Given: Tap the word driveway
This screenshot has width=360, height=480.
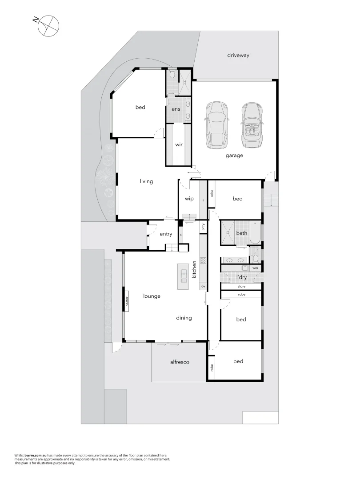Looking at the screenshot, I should click(x=238, y=56).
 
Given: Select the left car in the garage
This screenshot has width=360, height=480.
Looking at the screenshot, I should click(x=216, y=126).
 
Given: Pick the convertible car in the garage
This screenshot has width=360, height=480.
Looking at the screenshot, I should click(x=252, y=126).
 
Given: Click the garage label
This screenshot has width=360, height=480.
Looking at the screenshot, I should click(x=234, y=156).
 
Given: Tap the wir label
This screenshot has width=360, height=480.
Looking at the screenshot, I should click(x=179, y=144).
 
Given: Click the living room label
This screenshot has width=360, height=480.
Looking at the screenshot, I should click(x=146, y=181).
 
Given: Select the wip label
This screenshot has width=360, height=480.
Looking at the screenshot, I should click(x=189, y=199).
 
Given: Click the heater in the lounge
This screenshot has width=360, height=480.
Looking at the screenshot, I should click(x=127, y=302).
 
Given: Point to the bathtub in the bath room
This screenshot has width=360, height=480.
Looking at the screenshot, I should click(x=255, y=233).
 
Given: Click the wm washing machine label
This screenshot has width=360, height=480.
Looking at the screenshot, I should click(x=255, y=268).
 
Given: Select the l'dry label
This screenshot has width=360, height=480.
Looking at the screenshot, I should click(x=241, y=277).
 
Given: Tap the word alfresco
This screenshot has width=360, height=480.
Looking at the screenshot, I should click(x=180, y=362).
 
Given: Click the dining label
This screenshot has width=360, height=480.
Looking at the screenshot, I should click(x=184, y=318).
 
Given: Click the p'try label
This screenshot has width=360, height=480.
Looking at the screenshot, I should click(x=203, y=227).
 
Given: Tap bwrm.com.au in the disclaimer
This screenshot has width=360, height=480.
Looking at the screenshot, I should click(x=35, y=456).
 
